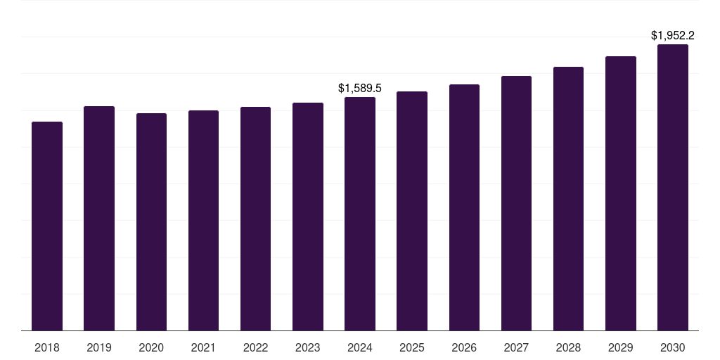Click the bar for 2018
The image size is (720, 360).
(47, 226)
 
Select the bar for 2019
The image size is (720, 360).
(99, 218)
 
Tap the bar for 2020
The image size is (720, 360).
(151, 221)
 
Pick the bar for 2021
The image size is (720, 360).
(203, 220)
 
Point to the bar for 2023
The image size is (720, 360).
(308, 217)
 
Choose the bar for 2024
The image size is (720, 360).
(360, 214)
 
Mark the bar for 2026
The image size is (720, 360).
(464, 207)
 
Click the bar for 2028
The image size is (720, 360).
(568, 198)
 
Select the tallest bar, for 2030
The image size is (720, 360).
(673, 187)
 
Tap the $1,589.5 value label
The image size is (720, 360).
(360, 88)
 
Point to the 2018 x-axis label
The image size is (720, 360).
(47, 347)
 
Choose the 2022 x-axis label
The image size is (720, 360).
(255, 347)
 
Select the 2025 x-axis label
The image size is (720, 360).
(412, 347)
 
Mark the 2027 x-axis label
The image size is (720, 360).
(516, 347)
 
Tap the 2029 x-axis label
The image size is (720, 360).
(620, 347)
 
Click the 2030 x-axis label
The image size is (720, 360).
(673, 347)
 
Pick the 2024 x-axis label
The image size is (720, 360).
(360, 347)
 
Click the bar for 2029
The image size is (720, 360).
(620, 193)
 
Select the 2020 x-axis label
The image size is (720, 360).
(151, 347)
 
